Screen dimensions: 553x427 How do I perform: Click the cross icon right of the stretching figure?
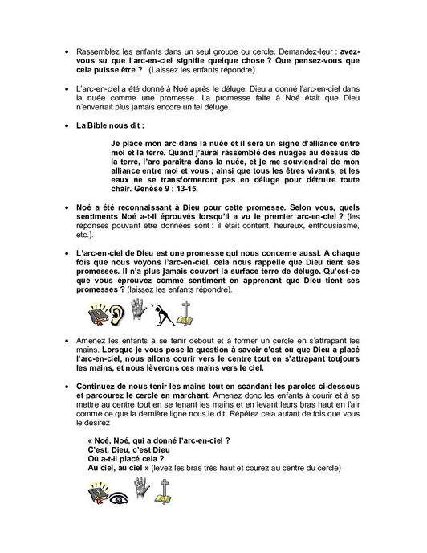tap(206, 313)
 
